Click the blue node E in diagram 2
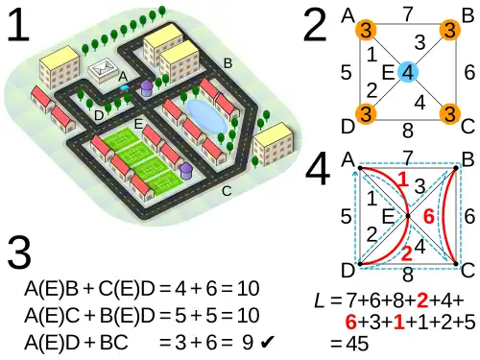point(408,72)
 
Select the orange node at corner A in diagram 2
point(366,30)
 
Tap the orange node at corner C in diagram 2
point(450,114)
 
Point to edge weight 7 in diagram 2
point(408,14)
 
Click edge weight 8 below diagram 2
point(408,131)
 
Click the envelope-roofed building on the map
point(102,69)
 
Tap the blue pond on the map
point(206,116)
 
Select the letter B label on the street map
point(228,63)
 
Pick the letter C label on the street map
point(227,191)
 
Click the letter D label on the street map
point(99,116)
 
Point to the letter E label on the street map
point(138,124)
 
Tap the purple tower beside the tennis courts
point(185,171)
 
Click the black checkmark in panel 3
point(267,343)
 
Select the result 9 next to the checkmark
point(248,343)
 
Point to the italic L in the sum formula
point(320,300)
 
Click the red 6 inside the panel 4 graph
point(429,217)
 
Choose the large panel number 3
point(19,252)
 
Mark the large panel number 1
point(18,25)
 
